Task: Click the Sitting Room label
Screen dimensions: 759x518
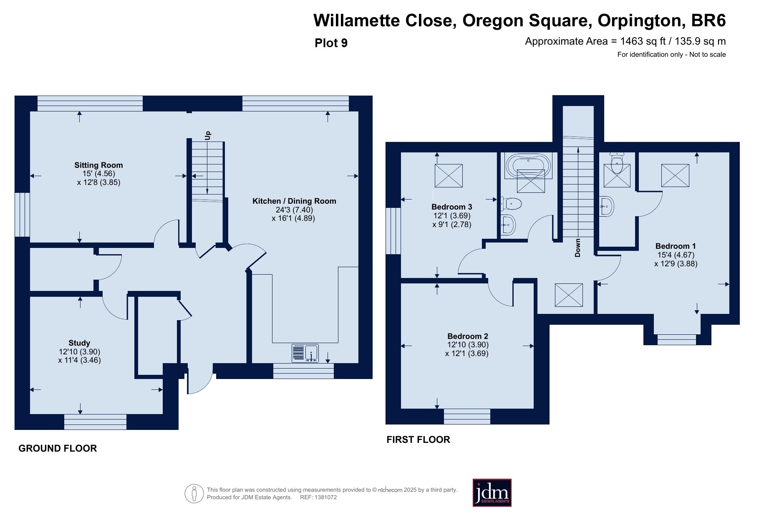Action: click(98, 165)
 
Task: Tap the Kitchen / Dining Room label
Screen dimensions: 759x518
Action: click(294, 201)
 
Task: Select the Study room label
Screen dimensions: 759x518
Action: click(79, 343)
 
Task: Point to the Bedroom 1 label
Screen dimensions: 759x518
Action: click(676, 246)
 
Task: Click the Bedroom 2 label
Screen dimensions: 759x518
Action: click(468, 336)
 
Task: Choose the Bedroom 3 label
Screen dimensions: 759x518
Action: click(451, 207)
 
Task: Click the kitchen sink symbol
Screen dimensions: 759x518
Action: click(305, 353)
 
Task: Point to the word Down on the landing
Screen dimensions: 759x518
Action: click(578, 248)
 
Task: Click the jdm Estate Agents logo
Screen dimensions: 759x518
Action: click(492, 493)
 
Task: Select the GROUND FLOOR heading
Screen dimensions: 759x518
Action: click(58, 448)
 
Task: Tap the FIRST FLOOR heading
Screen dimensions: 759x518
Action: click(418, 440)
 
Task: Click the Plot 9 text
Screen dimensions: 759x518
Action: click(331, 43)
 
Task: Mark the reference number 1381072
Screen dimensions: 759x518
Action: click(326, 497)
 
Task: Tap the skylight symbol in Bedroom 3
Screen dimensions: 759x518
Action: click(449, 176)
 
